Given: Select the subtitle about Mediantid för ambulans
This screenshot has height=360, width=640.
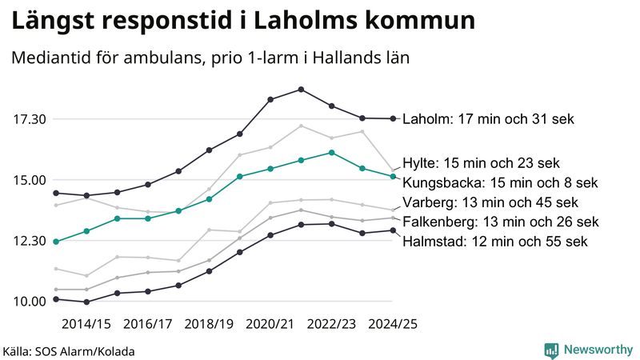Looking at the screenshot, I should coord(210,58).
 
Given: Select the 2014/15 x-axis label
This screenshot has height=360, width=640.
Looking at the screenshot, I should coord(86,324).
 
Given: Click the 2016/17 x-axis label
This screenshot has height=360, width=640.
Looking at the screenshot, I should coord(147,324).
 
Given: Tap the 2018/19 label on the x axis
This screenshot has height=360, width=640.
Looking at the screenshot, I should coord(209,324).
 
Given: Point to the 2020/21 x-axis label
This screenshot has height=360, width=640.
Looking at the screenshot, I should coord(270,324).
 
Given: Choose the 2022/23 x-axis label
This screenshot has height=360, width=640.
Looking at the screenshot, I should coord(332,324).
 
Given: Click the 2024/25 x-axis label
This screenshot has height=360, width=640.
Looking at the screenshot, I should coord(393,324).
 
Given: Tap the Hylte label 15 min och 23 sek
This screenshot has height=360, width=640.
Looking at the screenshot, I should coord(481,162).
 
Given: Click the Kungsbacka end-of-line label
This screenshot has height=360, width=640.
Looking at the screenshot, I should coord(500,182).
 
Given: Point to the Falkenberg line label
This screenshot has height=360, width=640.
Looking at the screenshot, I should coord(500,222).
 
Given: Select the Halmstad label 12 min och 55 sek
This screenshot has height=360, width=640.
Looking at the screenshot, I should coord(495,241).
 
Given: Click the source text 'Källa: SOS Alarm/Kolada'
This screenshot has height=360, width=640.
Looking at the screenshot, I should coord(69,351).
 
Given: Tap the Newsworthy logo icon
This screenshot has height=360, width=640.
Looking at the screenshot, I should coord(551,350).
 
